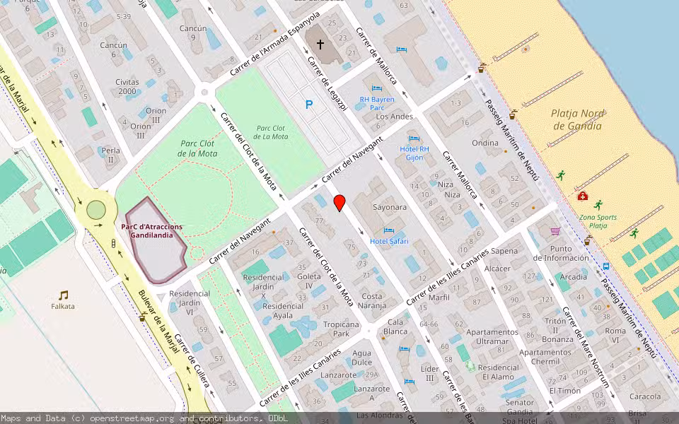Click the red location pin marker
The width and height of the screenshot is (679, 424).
(x=339, y=202)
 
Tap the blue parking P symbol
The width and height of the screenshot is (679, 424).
(x=308, y=105)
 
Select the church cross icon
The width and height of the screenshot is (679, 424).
(x=320, y=45)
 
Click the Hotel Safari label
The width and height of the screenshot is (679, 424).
(x=389, y=241)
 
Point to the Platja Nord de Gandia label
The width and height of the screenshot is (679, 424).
(x=576, y=119)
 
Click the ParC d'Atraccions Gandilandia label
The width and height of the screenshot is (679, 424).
(x=151, y=231)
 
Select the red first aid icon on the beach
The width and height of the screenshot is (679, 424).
(x=582, y=196)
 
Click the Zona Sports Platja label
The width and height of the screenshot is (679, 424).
(x=598, y=221)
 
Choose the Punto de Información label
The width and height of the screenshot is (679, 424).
(x=571, y=253)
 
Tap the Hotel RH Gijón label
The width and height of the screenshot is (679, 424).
(x=414, y=153)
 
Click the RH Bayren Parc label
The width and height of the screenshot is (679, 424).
(x=376, y=104)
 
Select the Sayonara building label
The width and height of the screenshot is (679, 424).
(x=390, y=208)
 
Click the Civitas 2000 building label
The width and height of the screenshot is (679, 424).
(x=127, y=86)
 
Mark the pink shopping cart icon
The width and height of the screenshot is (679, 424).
(x=555, y=231)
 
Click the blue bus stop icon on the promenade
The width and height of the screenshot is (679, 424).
(x=606, y=266)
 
